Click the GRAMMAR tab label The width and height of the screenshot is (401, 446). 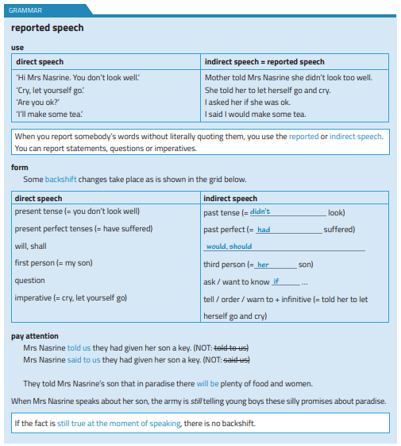pos(25,10)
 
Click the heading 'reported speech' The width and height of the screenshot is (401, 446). pos(48,28)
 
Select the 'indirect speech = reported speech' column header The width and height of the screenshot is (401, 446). pos(264,61)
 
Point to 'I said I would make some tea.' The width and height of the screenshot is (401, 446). pos(255,114)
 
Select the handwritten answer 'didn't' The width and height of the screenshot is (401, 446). pos(260,212)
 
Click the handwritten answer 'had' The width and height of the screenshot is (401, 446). pos(264,230)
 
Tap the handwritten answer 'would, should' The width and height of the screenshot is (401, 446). pos(229,246)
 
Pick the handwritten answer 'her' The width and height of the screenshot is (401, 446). pos(264,265)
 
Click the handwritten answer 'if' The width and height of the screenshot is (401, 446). pos(276,281)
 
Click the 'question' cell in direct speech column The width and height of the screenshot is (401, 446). pos(30,281)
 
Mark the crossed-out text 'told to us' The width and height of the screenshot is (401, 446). pos(232,347)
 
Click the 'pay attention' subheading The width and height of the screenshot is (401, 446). pos(34,335)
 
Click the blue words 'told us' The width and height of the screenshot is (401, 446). pos(79,347)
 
